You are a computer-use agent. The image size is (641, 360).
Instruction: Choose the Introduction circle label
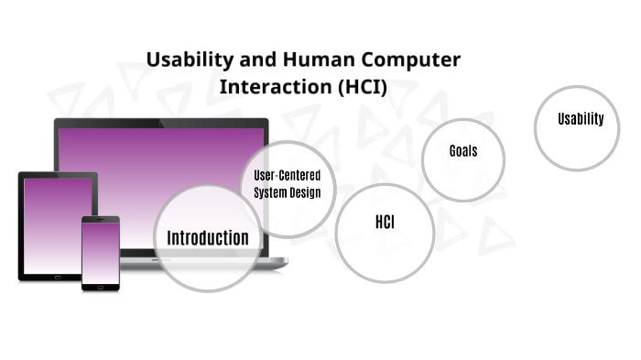[x=207, y=238]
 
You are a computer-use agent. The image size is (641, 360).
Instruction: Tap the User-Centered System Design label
[x=287, y=183]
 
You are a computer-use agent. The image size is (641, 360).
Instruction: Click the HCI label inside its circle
[x=385, y=223]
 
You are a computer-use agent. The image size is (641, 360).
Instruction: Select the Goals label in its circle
[x=462, y=151]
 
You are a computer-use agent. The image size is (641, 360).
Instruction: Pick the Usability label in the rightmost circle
[x=581, y=118]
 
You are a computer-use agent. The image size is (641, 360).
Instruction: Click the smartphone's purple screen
[x=101, y=253]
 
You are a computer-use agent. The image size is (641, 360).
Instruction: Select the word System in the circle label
[x=269, y=192]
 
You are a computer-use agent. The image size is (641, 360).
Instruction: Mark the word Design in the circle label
[x=303, y=192]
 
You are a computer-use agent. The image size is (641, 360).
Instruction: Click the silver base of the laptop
[x=266, y=262]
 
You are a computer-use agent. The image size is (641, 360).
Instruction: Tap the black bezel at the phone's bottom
[x=101, y=287]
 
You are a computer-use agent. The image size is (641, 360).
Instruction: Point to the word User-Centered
[x=287, y=175]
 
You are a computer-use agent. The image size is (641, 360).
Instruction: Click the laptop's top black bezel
[x=161, y=123]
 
